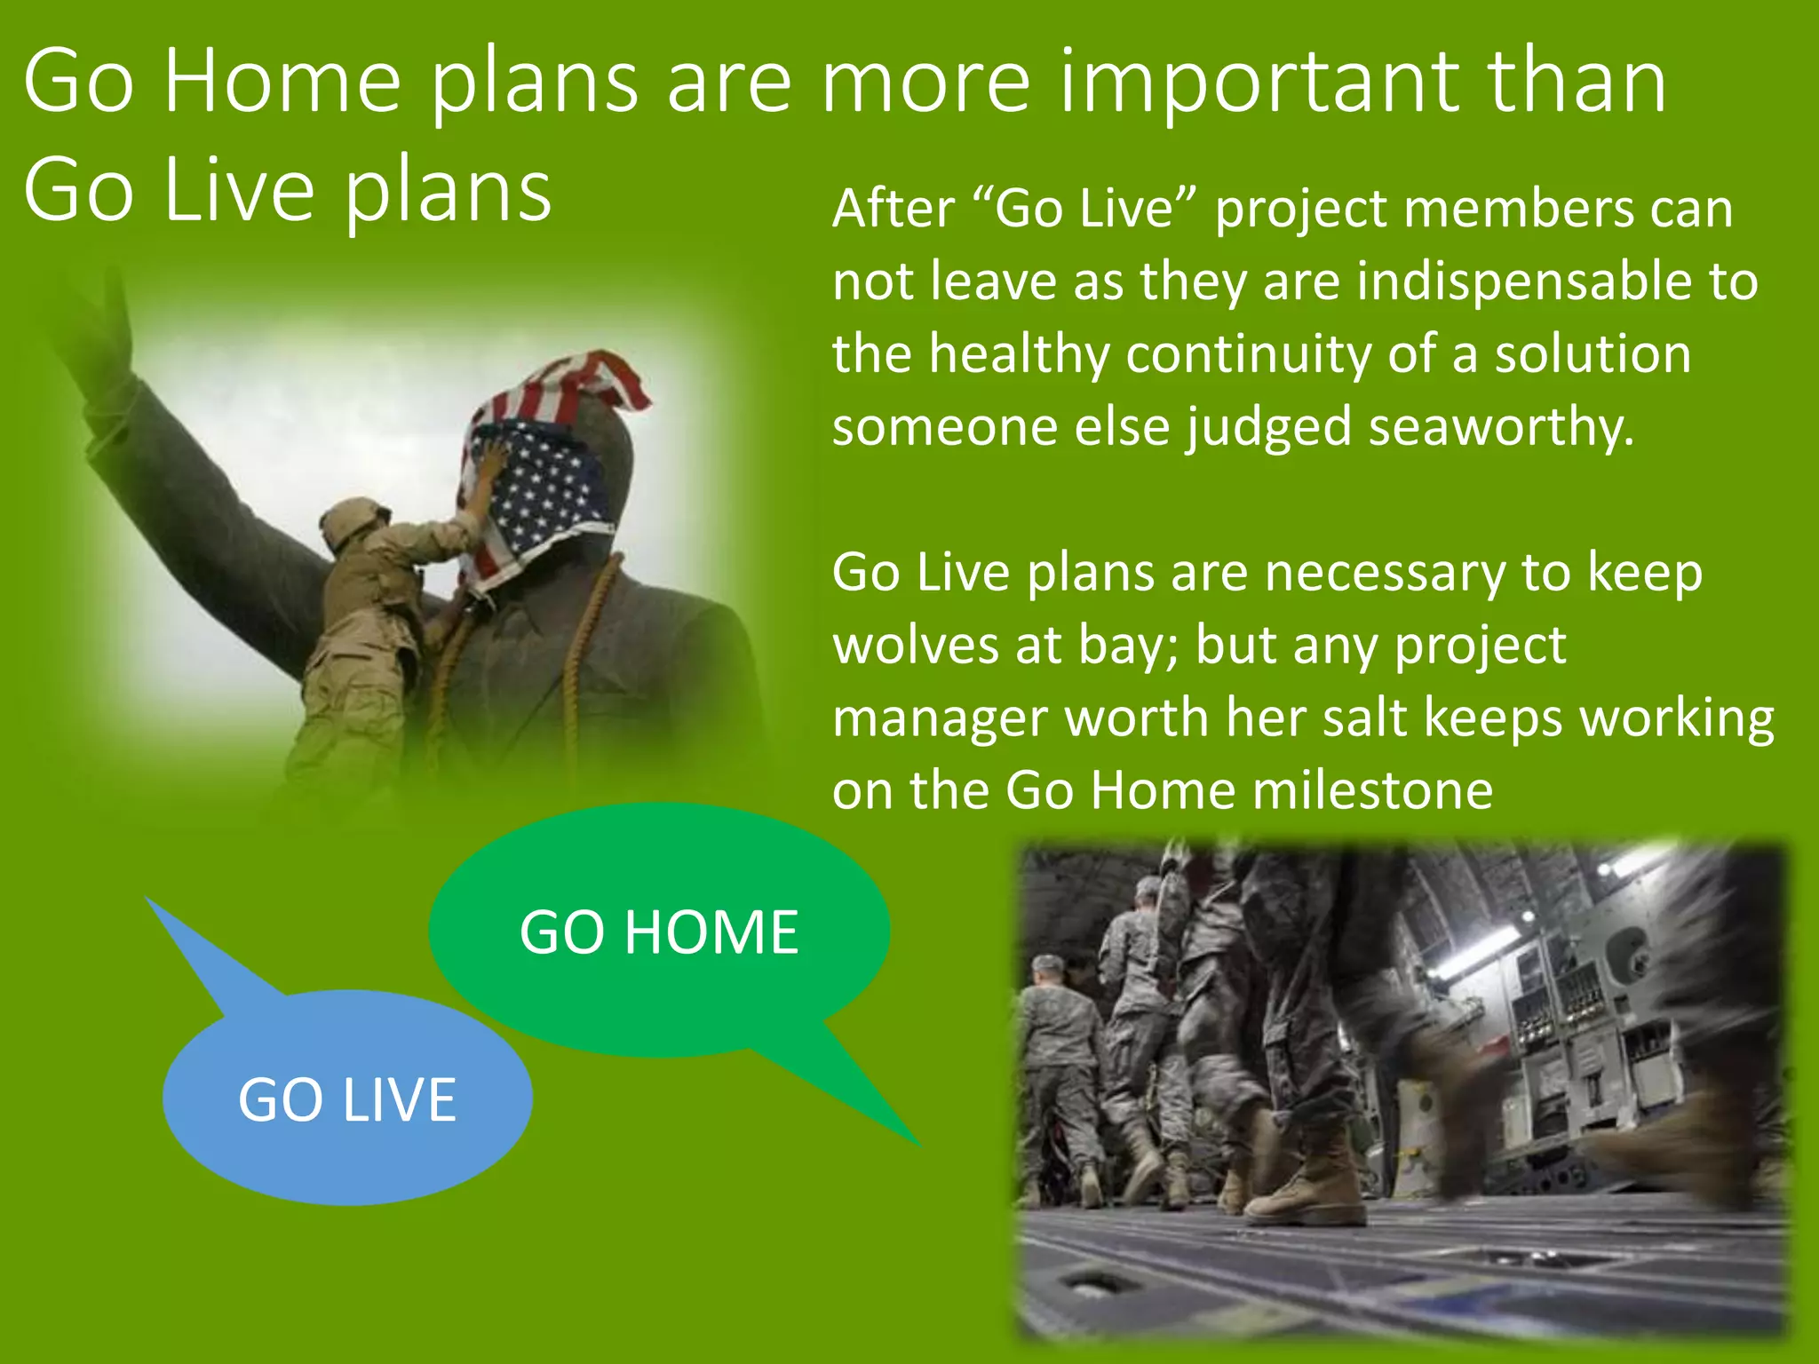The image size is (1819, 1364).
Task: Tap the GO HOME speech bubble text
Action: (658, 932)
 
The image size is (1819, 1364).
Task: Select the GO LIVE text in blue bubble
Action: (347, 1099)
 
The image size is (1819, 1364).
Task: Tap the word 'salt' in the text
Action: (1363, 718)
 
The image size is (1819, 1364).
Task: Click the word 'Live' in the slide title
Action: (239, 191)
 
